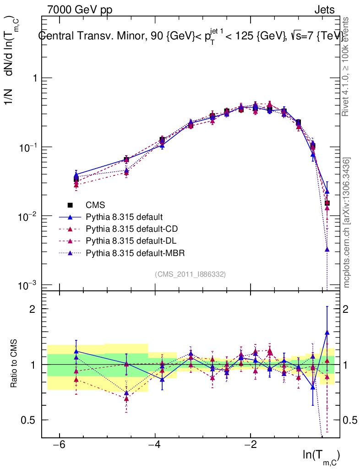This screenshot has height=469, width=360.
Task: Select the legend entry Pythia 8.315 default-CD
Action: tap(131, 229)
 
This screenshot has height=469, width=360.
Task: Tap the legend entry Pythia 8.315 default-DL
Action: tap(131, 240)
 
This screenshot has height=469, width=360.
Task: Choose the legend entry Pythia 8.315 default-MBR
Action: tap(133, 252)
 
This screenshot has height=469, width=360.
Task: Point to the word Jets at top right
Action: tap(324, 10)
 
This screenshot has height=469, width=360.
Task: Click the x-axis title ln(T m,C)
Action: tap(321, 455)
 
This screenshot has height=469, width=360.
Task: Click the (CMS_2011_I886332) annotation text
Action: tap(190, 274)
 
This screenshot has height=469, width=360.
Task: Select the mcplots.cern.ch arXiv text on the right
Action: tap(347, 222)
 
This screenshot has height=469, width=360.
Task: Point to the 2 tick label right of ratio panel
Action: tap(347, 309)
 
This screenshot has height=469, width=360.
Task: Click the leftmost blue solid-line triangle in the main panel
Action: tap(76, 175)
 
